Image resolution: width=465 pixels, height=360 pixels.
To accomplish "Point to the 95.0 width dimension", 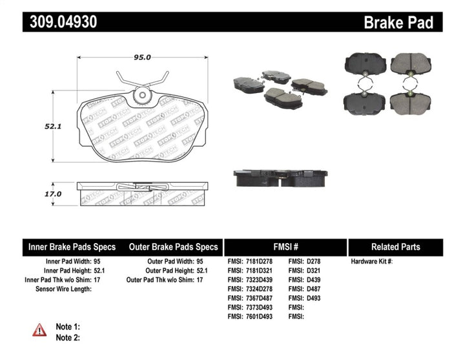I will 141,57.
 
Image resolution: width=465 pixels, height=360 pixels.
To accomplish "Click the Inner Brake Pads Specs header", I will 72,247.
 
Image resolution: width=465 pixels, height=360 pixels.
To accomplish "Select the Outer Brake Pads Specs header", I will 174,247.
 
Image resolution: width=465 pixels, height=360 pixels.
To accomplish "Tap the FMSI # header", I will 285,247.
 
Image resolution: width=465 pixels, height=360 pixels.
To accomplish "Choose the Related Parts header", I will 396,247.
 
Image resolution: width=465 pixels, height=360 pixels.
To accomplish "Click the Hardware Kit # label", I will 371,262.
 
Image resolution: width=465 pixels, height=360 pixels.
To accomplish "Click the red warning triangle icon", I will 40,330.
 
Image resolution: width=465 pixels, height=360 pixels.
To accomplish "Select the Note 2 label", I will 68,337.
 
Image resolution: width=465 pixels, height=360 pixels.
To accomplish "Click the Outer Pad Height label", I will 172,271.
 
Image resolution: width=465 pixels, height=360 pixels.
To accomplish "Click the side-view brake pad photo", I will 280,176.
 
